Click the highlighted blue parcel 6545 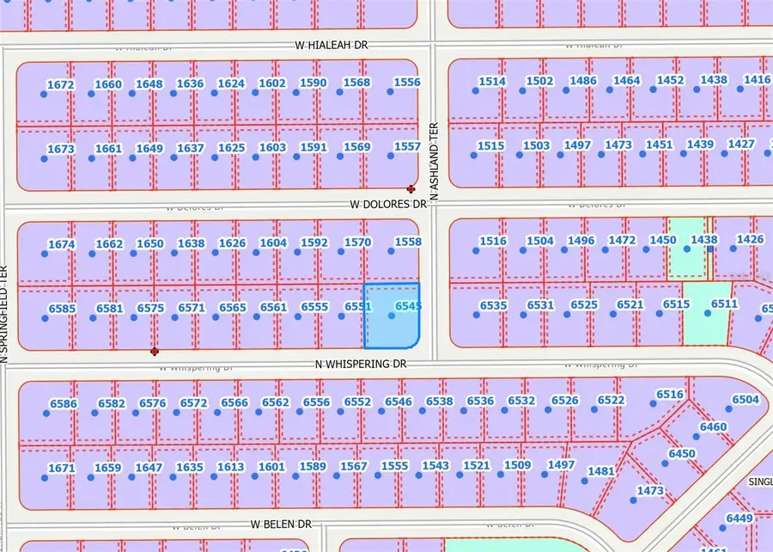tap(392, 316)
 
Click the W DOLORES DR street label tap(388, 205)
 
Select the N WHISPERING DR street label tap(360, 364)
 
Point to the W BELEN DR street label tap(281, 524)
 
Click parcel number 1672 tap(61, 84)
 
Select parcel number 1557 tap(406, 147)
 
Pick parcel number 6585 tap(62, 308)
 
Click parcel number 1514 tap(492, 81)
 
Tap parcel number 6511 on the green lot tap(724, 304)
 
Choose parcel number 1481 tap(601, 471)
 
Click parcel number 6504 tap(746, 399)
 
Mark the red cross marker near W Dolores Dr tap(411, 188)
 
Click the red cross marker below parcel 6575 tap(155, 351)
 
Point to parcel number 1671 tap(61, 468)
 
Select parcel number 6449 tap(739, 518)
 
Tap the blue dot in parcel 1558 tap(391, 251)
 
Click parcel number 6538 tap(439, 401)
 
